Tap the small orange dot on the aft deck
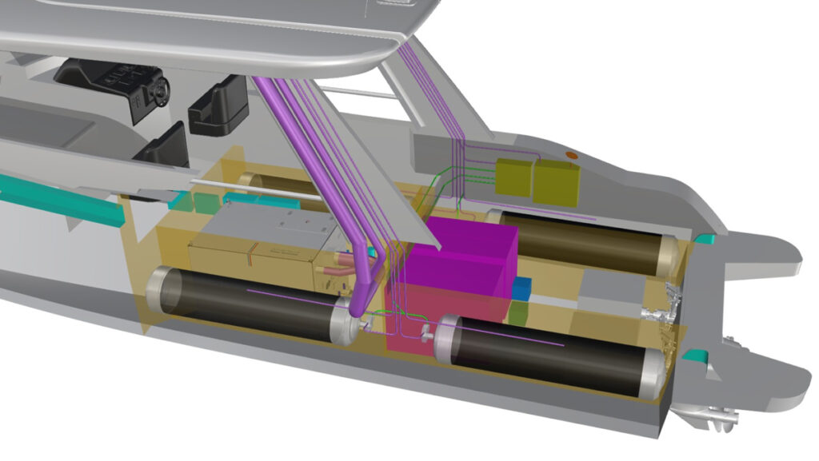[571, 153]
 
